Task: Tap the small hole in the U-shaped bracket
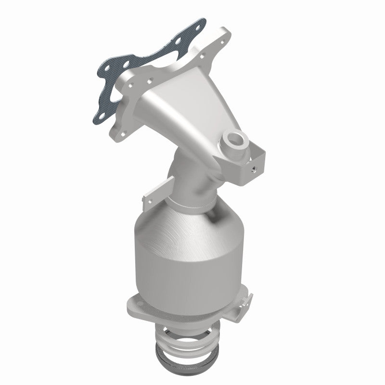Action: click(x=254, y=169)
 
